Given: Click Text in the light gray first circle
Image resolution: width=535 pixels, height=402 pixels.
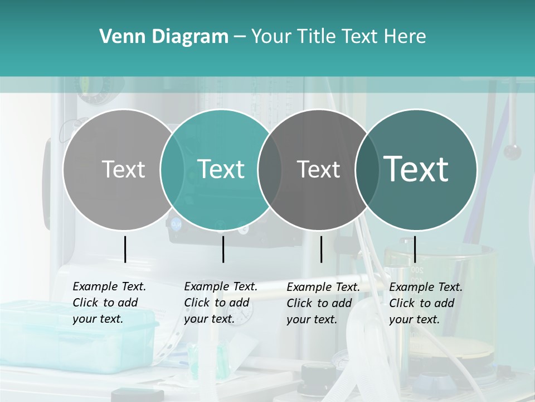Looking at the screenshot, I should point(123,169).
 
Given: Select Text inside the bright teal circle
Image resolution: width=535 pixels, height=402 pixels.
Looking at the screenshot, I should point(221,169).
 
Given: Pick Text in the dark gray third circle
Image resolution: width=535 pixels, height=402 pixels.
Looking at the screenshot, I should point(318,169).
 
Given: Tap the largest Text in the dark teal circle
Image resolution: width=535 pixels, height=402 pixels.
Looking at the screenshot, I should point(416,169).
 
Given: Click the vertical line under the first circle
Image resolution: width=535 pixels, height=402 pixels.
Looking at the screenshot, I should point(125,249).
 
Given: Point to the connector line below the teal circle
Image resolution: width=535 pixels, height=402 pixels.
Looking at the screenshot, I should point(223,249).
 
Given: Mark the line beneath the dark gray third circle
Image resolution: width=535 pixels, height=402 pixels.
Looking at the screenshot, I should point(321,249).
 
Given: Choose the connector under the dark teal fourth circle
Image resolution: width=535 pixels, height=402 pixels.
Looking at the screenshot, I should point(415,249).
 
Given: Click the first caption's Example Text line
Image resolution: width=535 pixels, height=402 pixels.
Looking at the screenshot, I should point(109,286).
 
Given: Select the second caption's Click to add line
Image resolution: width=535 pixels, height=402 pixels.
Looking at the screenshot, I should point(216,303).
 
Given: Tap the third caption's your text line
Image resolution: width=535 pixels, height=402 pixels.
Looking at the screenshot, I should point(312,319).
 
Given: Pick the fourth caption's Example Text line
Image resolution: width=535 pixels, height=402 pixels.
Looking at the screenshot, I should point(426,287).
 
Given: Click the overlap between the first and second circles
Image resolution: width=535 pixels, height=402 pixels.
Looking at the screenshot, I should point(172,169).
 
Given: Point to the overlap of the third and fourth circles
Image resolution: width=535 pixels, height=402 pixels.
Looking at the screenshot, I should point(367,169).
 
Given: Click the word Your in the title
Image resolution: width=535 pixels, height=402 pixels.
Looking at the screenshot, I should point(271,37).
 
